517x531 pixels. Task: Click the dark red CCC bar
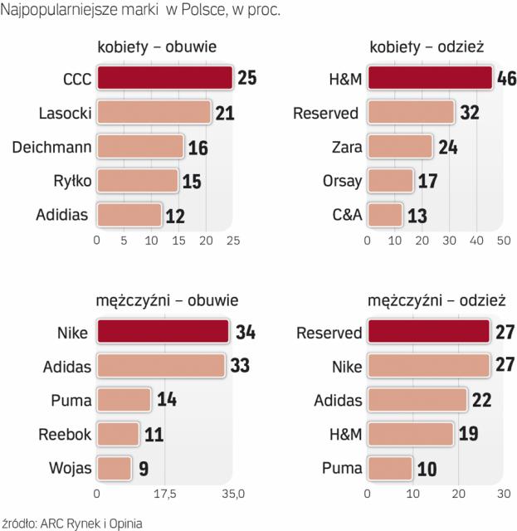coord(164,78)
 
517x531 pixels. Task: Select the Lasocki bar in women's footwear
coord(154,112)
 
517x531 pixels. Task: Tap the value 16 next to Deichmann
coord(198,147)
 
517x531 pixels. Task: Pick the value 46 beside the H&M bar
coord(507,79)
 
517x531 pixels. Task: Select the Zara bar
coord(401,147)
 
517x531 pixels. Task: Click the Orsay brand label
coord(340,181)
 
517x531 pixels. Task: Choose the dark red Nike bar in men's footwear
coord(163,333)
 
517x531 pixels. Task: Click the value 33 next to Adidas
coord(240,366)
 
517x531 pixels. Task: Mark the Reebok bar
coord(118,434)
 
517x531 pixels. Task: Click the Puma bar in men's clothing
coord(390,468)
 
